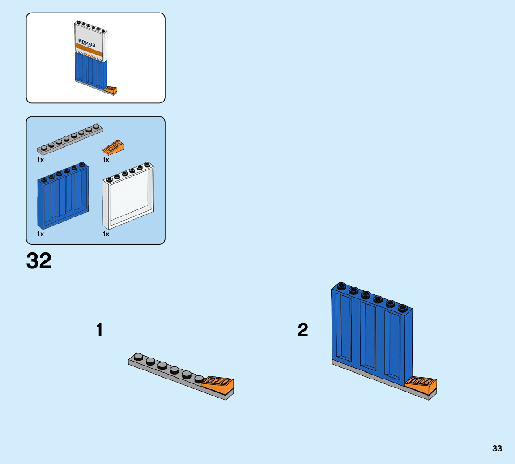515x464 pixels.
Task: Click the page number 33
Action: pos(497,449)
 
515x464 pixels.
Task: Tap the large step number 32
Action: pos(39,261)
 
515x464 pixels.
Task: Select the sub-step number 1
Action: pos(99,331)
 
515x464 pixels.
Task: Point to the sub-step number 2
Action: pos(303,331)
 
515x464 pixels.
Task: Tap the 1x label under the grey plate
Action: pos(40,160)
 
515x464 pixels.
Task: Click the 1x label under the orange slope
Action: pos(106,160)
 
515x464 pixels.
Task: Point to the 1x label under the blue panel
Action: pos(40,234)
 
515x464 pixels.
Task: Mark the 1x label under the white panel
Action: pos(106,234)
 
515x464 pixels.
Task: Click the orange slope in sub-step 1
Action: pos(218,385)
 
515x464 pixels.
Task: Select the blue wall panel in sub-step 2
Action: pos(371,333)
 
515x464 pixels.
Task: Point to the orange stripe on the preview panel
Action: pos(90,53)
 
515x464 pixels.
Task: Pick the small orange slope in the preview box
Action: pos(111,89)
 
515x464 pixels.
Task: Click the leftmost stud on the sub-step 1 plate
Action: pos(139,357)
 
